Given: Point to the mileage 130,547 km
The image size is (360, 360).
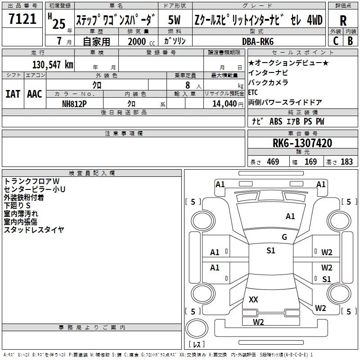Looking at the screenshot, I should coord(53,64).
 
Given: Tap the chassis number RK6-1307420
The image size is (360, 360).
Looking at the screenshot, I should coord(302,144).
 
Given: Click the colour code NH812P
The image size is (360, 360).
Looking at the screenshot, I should coord(75,103).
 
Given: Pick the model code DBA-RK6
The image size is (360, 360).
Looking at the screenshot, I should coord(264,41).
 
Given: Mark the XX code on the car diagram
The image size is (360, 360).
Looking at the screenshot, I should coord(253,299).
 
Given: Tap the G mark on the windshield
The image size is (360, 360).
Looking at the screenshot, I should coord(284,237).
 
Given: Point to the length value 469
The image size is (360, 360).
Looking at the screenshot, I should coord(272,162).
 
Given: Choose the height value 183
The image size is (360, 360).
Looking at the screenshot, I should coord(346,162).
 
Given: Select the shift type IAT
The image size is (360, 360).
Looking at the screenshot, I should coord(13,94).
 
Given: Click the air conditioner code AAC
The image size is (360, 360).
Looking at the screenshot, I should coord(35,94).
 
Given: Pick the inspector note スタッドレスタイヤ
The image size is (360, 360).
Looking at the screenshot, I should coord(34,230).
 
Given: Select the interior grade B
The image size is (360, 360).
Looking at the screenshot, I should coord(351,41).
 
